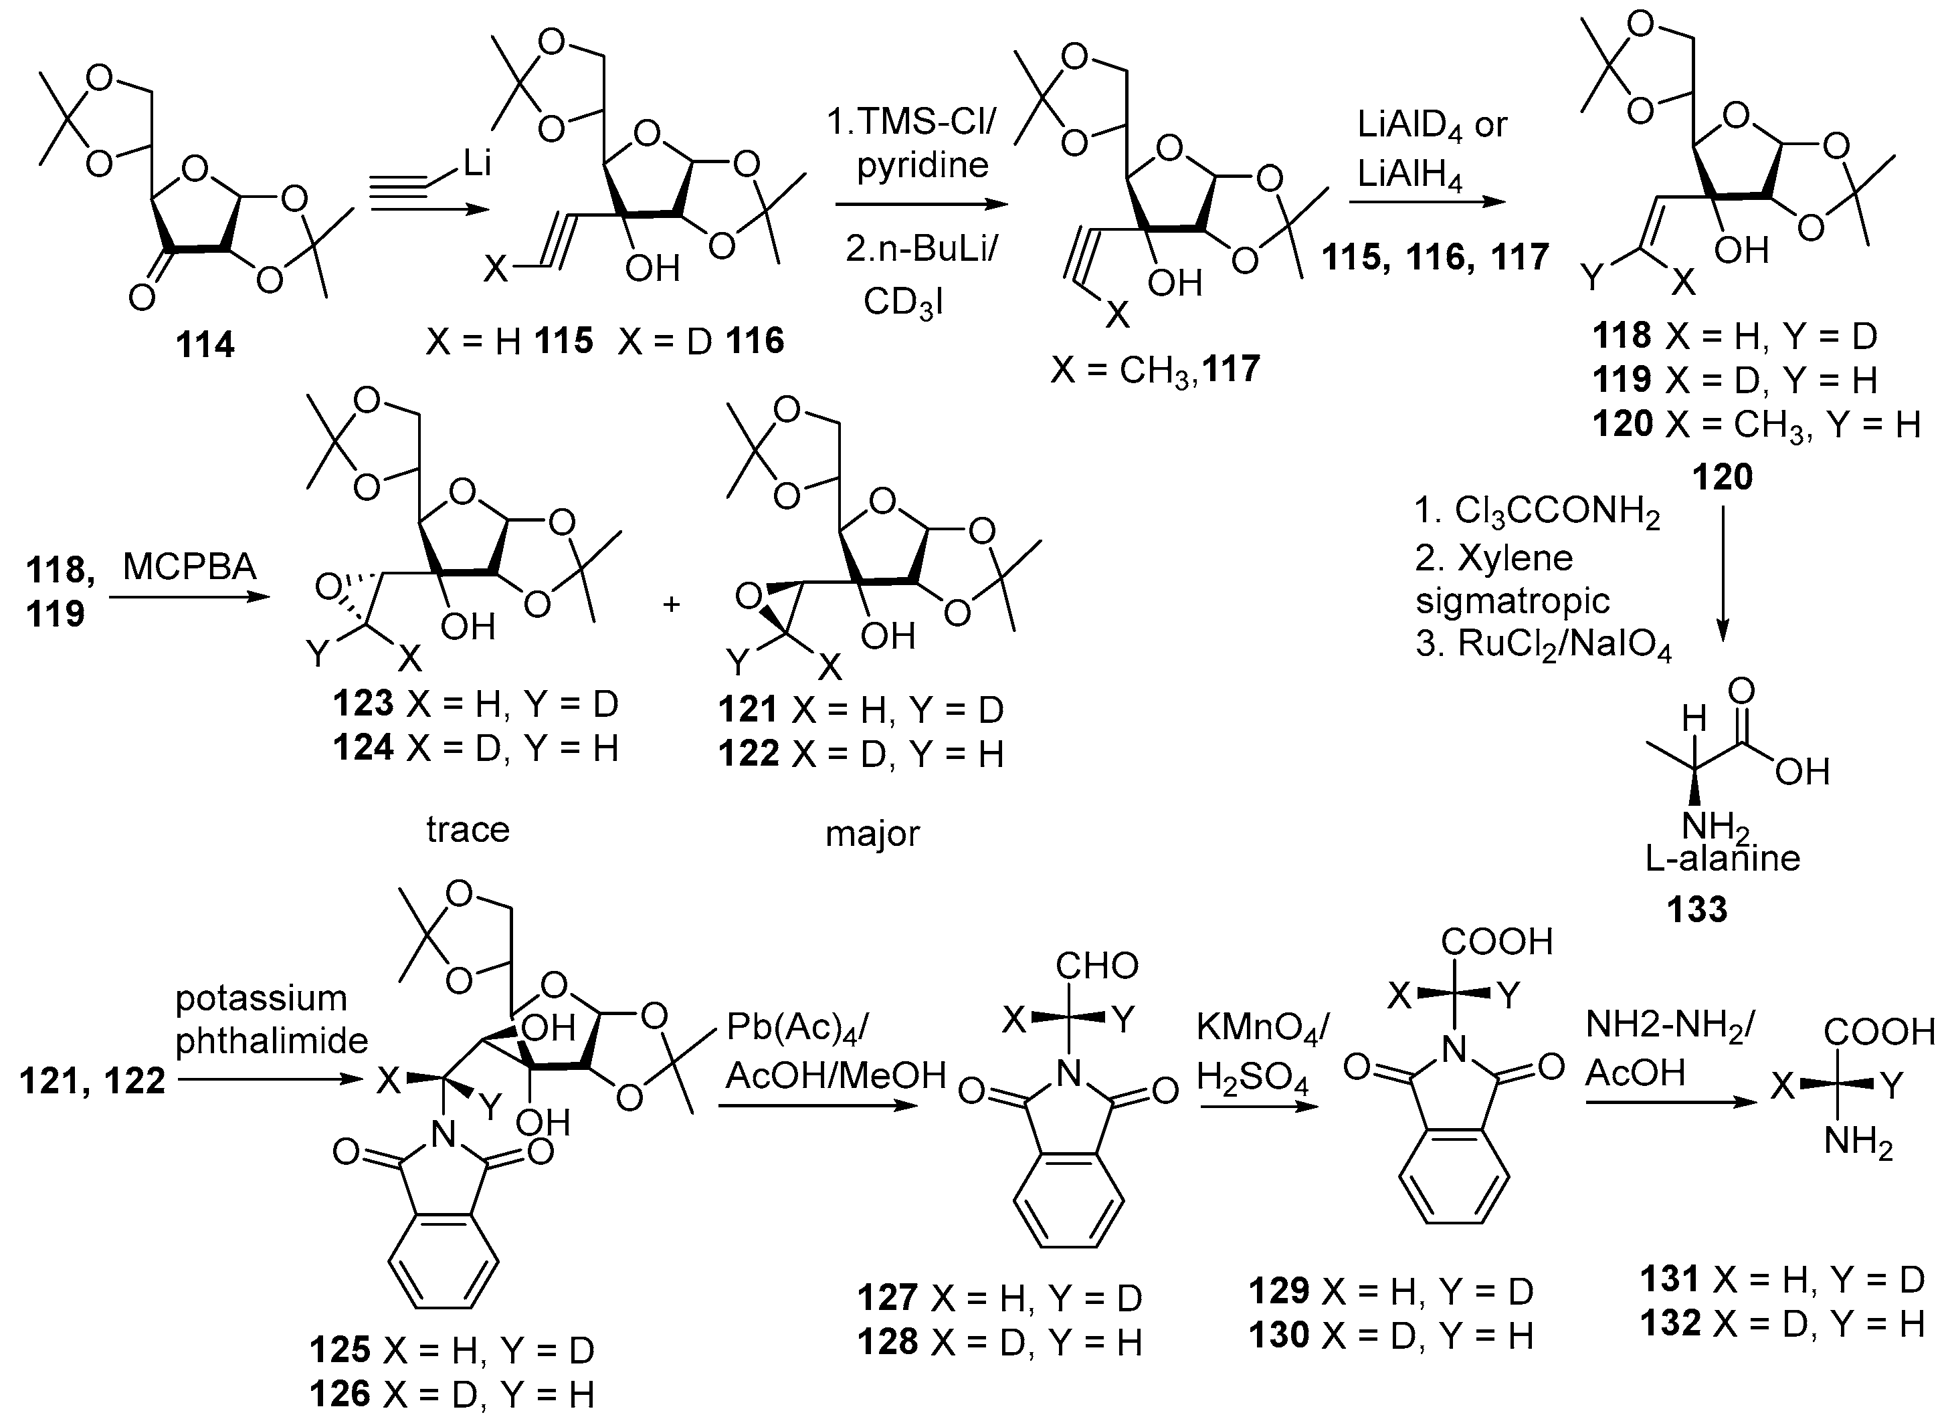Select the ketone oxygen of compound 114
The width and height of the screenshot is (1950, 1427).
(142, 298)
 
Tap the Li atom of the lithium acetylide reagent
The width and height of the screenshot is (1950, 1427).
(477, 162)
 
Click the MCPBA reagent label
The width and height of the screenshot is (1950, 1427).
(189, 566)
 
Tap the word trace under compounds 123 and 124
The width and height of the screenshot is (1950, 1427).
(468, 830)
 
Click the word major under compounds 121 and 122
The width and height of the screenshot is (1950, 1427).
(872, 834)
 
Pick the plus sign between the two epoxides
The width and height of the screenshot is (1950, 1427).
(672, 604)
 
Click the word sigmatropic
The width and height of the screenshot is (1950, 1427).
(1512, 600)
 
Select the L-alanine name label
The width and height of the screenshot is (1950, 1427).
(1723, 859)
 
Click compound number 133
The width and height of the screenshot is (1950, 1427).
(1698, 909)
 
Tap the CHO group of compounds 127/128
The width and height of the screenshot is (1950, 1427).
(1096, 966)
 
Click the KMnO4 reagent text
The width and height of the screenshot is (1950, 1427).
(1262, 1028)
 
